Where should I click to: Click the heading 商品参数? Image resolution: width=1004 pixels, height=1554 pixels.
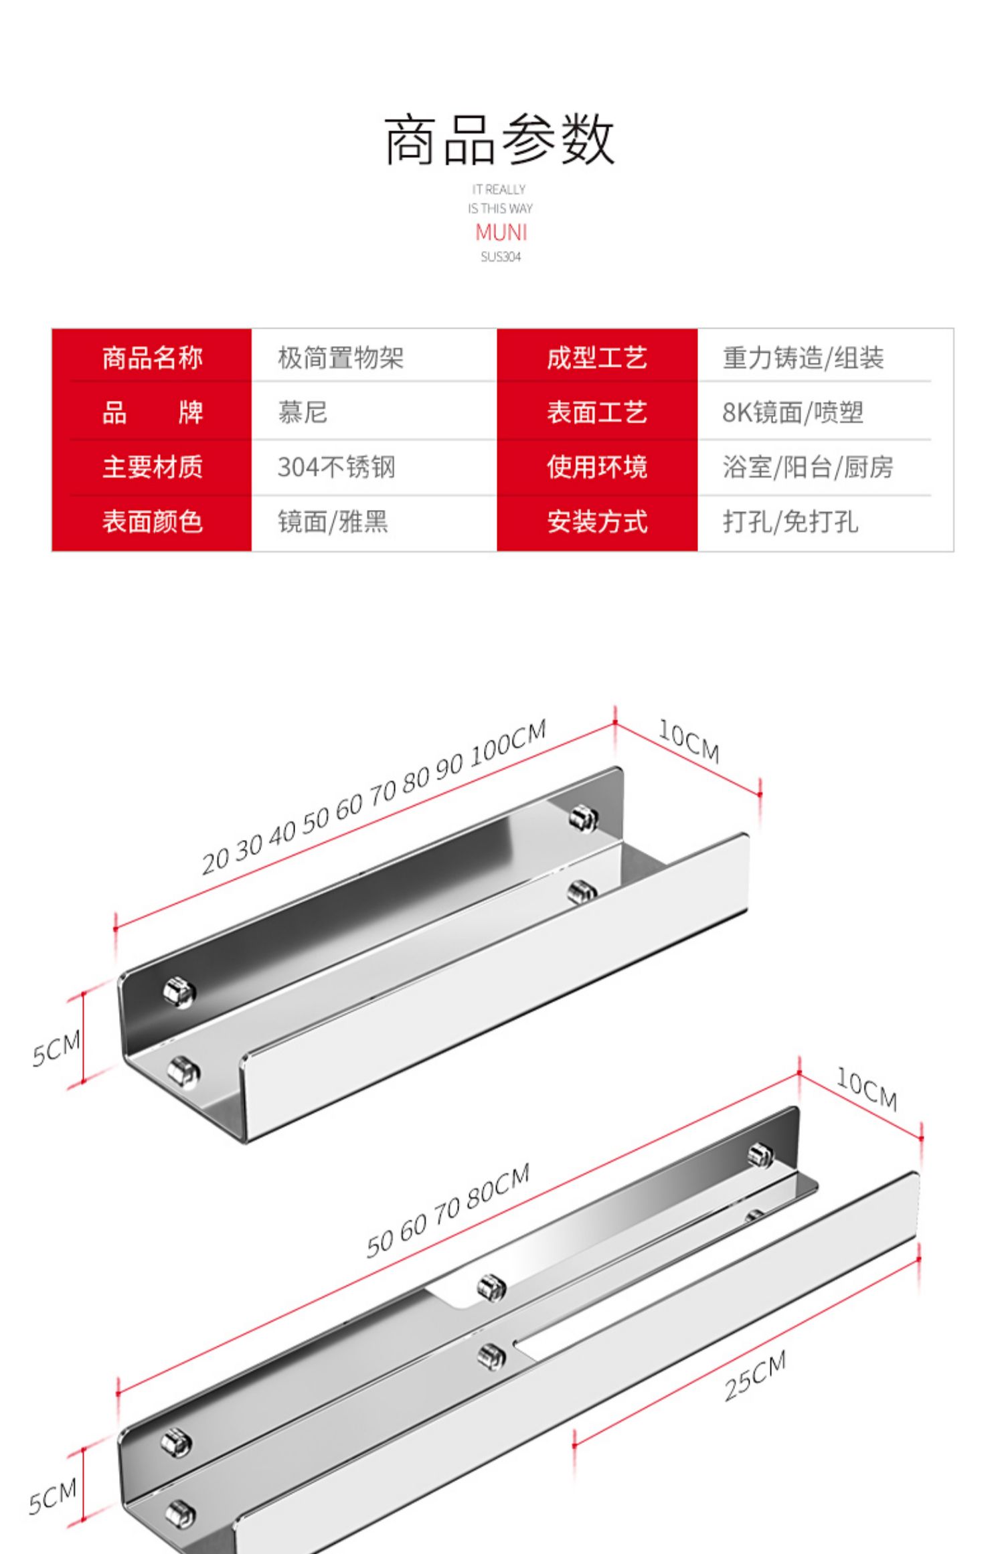click(499, 139)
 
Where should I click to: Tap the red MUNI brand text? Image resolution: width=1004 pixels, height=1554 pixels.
click(501, 232)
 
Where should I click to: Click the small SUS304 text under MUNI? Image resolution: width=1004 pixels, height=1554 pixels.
click(501, 257)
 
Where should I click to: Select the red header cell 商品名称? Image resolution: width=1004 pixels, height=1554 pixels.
click(152, 358)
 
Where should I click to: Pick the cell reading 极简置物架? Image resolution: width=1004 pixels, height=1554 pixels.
click(341, 358)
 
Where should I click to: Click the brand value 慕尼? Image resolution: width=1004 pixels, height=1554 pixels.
click(303, 412)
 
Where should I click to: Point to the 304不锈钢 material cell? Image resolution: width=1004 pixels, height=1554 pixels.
click(336, 467)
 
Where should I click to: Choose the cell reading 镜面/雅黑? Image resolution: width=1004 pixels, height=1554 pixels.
click(333, 522)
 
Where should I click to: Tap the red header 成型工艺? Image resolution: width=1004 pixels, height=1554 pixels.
click(596, 358)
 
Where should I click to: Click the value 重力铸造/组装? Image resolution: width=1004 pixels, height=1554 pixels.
click(803, 358)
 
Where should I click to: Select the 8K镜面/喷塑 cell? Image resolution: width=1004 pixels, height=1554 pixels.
click(792, 412)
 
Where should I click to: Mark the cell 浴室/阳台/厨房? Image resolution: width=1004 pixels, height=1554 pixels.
click(808, 467)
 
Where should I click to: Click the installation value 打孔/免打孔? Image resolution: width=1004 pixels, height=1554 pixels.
click(790, 522)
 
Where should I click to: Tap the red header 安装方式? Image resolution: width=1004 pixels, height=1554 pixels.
click(596, 522)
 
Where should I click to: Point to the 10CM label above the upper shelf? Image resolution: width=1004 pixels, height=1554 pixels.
click(689, 742)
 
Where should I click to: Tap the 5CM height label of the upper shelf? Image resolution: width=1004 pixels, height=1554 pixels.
click(56, 1048)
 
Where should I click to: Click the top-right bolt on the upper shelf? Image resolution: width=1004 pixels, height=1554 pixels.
click(584, 818)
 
